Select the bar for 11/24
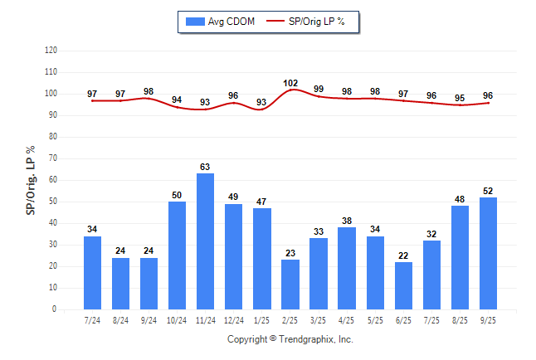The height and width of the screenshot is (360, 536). click(206, 241)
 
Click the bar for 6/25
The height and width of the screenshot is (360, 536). click(403, 285)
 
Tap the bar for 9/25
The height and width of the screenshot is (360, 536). click(488, 253)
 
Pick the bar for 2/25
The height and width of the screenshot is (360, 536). click(290, 285)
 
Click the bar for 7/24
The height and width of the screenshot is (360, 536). click(93, 273)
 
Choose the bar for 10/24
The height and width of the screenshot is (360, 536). click(178, 255)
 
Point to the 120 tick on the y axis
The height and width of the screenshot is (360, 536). click(51, 51)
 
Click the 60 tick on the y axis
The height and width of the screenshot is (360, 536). click(53, 180)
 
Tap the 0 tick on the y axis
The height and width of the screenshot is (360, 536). click(55, 309)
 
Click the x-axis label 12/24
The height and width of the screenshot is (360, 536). click(234, 319)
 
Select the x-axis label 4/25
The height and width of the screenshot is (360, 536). click(347, 319)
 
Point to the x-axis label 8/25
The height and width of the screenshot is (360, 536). click(460, 319)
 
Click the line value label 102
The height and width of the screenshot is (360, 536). click(290, 83)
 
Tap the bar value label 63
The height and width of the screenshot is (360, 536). click(206, 167)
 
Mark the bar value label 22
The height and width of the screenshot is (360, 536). click(403, 255)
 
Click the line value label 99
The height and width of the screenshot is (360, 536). click(319, 89)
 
